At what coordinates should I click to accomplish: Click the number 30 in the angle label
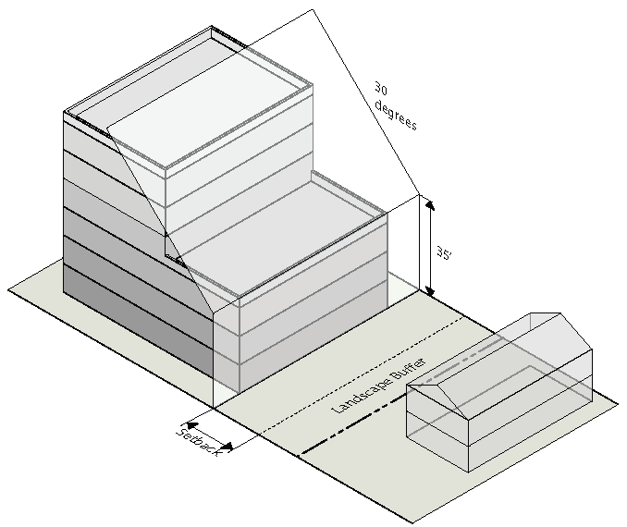(x=381, y=88)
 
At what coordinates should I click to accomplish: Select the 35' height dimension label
(x=443, y=253)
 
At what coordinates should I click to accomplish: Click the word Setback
(x=198, y=443)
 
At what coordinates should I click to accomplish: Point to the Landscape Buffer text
(x=378, y=386)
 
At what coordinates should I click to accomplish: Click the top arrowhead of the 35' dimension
(x=429, y=204)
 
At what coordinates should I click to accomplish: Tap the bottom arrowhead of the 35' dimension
(x=429, y=290)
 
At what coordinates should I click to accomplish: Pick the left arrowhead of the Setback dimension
(x=192, y=425)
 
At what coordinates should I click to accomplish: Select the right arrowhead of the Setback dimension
(x=227, y=447)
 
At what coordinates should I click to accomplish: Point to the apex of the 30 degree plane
(x=313, y=9)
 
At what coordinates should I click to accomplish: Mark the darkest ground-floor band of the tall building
(x=138, y=320)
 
